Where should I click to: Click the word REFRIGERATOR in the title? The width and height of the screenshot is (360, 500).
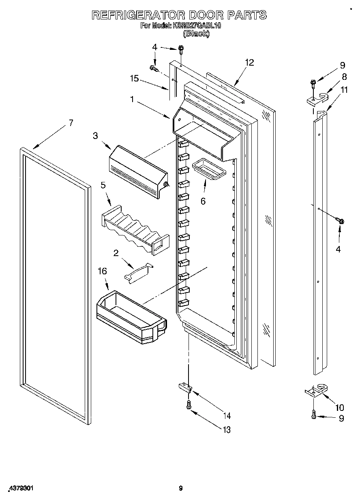pyautogui.click(x=138, y=15)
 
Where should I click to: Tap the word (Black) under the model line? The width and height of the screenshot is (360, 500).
pyautogui.click(x=197, y=34)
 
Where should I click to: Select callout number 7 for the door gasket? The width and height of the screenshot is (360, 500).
pyautogui.click(x=71, y=123)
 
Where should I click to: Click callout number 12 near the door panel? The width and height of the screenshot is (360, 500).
pyautogui.click(x=249, y=62)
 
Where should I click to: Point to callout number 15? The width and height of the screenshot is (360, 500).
pyautogui.click(x=135, y=79)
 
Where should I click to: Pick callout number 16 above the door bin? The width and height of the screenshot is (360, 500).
pyautogui.click(x=103, y=271)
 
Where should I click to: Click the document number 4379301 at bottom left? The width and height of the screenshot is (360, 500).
pyautogui.click(x=20, y=488)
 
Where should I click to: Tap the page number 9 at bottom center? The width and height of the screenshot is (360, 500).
pyautogui.click(x=181, y=488)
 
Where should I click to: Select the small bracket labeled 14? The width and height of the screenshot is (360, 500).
pyautogui.click(x=185, y=388)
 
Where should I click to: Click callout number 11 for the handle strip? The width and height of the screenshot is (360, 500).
pyautogui.click(x=344, y=90)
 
